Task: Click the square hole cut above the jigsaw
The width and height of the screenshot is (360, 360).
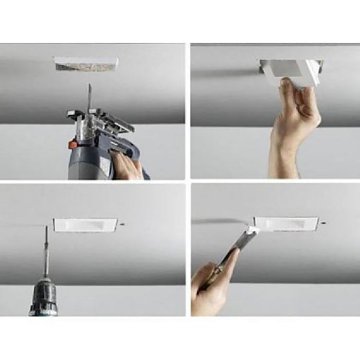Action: (86, 64)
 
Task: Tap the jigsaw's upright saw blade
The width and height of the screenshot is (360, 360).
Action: (89, 98)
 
